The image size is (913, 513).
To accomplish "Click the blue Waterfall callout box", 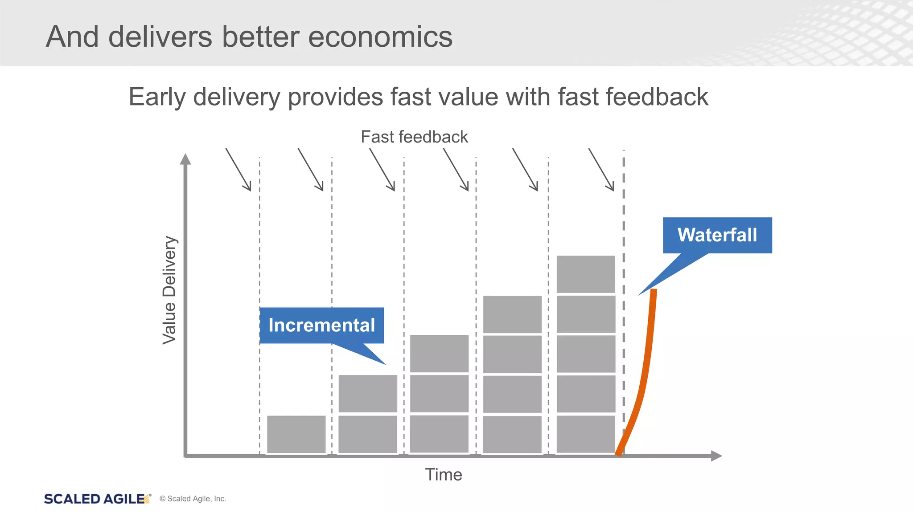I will tap(717, 235).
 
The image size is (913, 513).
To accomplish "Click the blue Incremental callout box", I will tap(321, 326).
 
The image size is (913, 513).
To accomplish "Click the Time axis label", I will tap(443, 475).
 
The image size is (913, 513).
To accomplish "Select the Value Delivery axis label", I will tap(169, 290).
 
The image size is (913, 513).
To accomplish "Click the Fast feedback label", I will tap(414, 137).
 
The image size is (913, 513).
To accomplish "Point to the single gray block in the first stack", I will tap(296, 434).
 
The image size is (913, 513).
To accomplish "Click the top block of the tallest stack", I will tap(586, 274).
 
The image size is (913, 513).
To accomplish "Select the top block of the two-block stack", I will tap(368, 393).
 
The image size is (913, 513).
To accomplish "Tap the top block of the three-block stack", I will tap(439, 353).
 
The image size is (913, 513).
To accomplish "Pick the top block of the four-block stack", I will tap(512, 314).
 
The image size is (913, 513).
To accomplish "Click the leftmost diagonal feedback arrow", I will tap(239, 170).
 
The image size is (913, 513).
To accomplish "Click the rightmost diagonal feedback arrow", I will tap(601, 170).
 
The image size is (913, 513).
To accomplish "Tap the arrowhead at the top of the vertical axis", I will tap(185, 159).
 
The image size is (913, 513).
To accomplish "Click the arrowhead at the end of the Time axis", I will tap(716, 456).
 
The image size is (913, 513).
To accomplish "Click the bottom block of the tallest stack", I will tap(586, 434).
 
